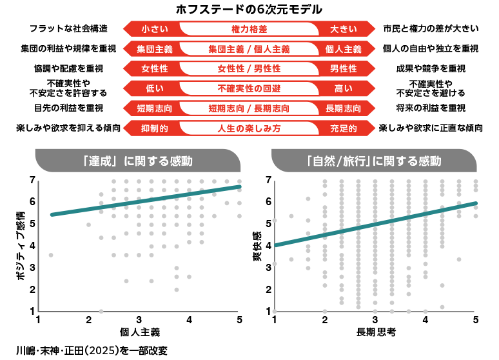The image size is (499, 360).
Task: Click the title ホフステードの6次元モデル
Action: point(249,10)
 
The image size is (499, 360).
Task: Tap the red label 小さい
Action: point(155,29)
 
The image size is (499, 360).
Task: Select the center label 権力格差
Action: point(249,29)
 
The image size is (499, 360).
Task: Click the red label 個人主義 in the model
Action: point(343,49)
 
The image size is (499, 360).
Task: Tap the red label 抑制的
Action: point(155,128)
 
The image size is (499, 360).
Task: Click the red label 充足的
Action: point(343,128)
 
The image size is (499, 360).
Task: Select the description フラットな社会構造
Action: point(68,29)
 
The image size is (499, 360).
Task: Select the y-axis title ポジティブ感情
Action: point(21,243)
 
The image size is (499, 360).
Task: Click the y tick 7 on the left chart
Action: point(32,180)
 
